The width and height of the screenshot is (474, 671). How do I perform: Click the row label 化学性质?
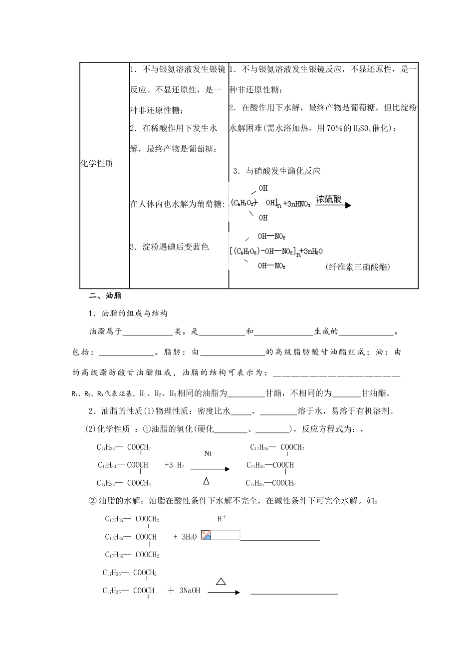pyautogui.click(x=97, y=164)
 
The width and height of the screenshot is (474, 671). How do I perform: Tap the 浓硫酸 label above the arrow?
pyautogui.click(x=329, y=199)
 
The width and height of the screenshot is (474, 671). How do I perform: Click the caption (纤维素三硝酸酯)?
pyautogui.click(x=358, y=267)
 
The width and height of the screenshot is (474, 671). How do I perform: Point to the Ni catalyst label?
pyautogui.click(x=208, y=453)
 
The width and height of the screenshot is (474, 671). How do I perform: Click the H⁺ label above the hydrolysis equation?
pyautogui.click(x=222, y=519)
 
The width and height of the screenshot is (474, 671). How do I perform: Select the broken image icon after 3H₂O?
pyautogui.click(x=206, y=535)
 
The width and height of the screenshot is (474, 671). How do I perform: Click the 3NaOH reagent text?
pyautogui.click(x=190, y=591)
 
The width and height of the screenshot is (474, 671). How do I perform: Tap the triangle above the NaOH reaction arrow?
pyautogui.click(x=221, y=581)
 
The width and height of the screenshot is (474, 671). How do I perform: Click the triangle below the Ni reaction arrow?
pyautogui.click(x=207, y=481)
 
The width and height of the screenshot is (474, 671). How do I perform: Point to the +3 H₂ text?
pyautogui.click(x=174, y=465)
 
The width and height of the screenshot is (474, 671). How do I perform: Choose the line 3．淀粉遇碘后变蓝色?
pyautogui.click(x=169, y=247)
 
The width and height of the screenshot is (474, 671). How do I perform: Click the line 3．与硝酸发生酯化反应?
pyautogui.click(x=277, y=171)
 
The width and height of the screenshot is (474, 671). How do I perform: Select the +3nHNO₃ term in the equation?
pyautogui.click(x=296, y=204)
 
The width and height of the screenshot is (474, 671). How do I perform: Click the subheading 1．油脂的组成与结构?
pyautogui.click(x=128, y=314)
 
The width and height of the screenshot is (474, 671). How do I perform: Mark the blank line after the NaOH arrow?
pyautogui.click(x=294, y=592)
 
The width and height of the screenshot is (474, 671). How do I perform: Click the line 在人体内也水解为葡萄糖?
pyautogui.click(x=177, y=204)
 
